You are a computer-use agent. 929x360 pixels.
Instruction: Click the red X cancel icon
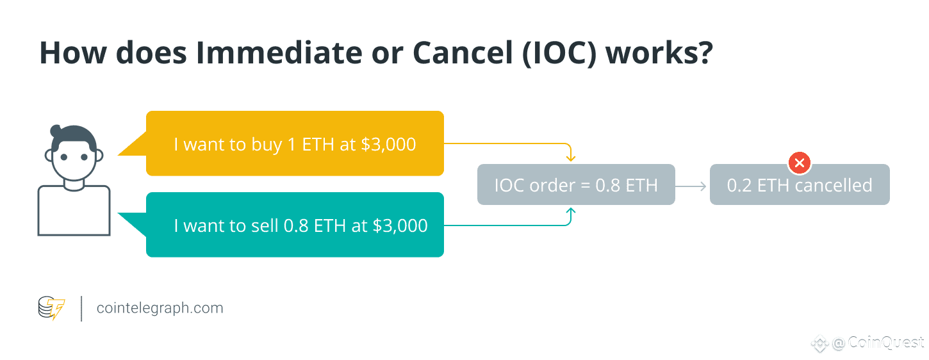799,163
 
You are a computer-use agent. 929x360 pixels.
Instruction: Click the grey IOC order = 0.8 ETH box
576,184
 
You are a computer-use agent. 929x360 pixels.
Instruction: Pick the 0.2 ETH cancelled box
800,185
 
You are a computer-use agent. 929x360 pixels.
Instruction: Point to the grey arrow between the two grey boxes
691,186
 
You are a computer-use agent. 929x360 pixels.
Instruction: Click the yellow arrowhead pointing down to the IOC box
571,158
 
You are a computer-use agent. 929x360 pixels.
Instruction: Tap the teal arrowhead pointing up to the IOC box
571,211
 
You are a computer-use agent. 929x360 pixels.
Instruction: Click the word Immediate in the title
279,53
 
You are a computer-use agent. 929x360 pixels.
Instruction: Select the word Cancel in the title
463,53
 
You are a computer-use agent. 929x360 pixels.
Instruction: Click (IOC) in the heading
559,54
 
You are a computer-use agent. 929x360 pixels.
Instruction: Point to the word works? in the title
659,53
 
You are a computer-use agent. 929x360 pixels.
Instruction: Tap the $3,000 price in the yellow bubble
388,144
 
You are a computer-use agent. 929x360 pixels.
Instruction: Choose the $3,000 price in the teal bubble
400,225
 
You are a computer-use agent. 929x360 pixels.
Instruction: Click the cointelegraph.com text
160,308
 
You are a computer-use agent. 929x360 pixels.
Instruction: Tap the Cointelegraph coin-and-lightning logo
51,307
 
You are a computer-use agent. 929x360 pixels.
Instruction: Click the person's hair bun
56,131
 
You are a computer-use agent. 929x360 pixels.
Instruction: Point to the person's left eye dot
64,157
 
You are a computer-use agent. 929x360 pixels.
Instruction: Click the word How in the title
73,53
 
